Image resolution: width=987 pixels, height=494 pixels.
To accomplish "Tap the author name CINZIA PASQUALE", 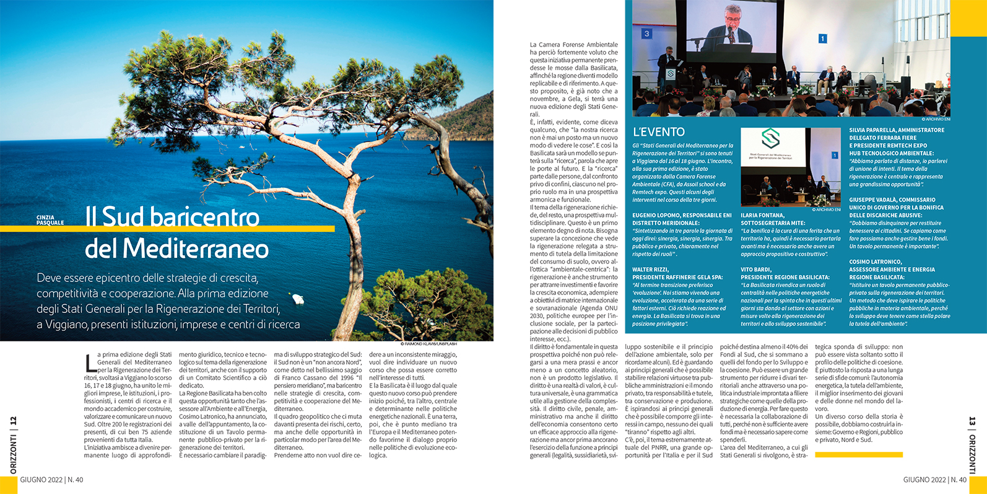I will click(x=50, y=221).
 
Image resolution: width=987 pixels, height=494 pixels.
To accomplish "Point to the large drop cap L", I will click(x=90, y=363).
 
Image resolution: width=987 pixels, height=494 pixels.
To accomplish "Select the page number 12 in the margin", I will click(x=14, y=422).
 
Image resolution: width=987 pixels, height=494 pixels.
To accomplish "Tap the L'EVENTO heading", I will click(x=659, y=132).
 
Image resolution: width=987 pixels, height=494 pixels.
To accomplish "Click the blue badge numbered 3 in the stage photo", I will click(x=646, y=33).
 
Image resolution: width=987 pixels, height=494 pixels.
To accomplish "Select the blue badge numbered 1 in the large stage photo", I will click(x=822, y=38).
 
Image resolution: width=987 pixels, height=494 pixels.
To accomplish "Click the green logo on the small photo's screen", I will click(x=770, y=139).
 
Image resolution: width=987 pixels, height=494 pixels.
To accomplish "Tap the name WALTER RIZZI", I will click(x=650, y=270).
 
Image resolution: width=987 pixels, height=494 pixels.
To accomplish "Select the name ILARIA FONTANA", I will click(x=763, y=216).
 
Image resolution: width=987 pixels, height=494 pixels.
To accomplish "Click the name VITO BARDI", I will click(x=755, y=270).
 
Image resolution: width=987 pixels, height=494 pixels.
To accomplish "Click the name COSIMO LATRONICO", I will click(x=876, y=262).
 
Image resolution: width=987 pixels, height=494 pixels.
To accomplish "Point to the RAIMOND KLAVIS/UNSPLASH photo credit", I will click(x=428, y=343).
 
